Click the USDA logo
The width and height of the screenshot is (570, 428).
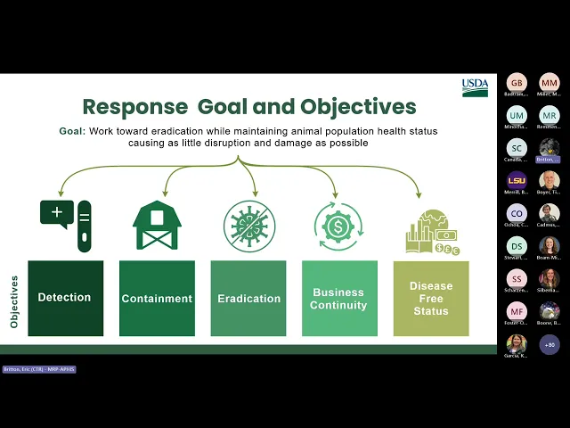475,87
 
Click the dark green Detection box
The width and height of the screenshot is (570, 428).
65,298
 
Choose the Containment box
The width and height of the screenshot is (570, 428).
157,298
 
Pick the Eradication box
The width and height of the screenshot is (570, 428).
248,298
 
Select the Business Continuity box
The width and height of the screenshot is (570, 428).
339,298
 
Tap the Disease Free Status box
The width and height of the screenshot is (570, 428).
431,298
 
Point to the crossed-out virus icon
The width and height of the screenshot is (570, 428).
248,226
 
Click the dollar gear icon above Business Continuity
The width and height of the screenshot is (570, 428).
338,226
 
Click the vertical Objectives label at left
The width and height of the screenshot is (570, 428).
14,301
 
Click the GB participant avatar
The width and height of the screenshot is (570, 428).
517,83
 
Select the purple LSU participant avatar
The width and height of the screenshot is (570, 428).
517,181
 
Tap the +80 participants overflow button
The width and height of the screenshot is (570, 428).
550,344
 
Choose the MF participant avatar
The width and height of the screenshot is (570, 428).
517,311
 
